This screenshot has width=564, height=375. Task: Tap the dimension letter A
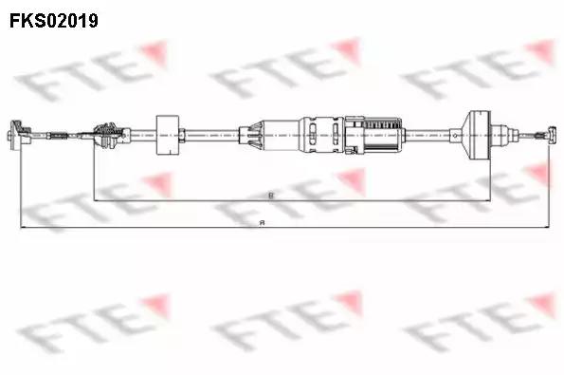point(263,222)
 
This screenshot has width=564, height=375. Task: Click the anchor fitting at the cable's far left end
point(16,135)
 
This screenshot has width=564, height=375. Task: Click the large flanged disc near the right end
point(473,133)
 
